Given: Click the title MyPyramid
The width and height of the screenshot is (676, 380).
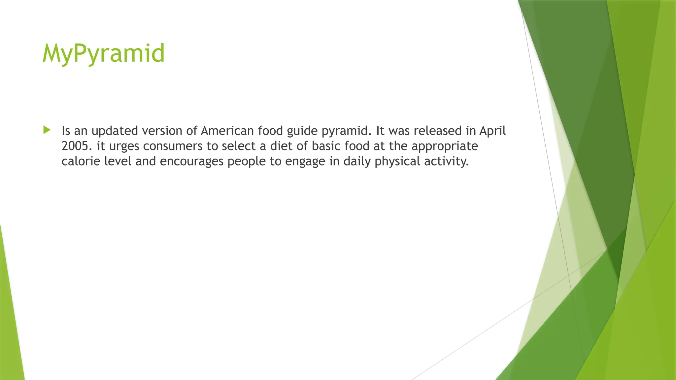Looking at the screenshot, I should pos(103,53).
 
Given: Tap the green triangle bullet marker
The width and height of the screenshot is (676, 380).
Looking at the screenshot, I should pos(47,130).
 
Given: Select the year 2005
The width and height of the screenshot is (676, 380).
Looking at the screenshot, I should pos(75,146).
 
